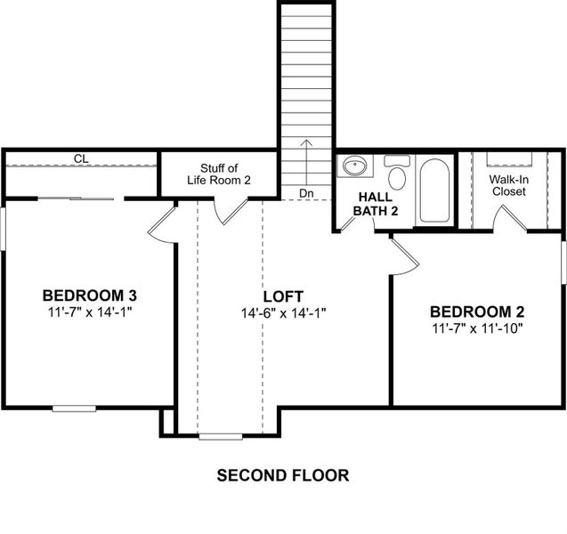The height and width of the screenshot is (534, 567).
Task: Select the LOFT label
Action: click(x=283, y=296)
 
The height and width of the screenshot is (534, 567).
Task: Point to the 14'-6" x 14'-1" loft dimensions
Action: click(x=283, y=313)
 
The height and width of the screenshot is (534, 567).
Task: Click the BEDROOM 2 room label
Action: click(x=477, y=311)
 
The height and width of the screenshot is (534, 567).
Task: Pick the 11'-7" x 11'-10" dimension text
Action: click(x=477, y=328)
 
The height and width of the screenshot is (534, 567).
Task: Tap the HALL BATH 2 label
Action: click(x=377, y=204)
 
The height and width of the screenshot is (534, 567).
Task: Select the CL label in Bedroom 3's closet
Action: click(x=81, y=159)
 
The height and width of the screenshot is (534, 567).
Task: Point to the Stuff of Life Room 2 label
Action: click(x=219, y=174)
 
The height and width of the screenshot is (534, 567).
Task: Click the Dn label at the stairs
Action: click(x=306, y=193)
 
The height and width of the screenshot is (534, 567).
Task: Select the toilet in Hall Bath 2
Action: click(x=397, y=174)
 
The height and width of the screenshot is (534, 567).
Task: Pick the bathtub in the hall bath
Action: click(x=434, y=190)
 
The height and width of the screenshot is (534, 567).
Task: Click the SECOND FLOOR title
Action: click(x=283, y=475)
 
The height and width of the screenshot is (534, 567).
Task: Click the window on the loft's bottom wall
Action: click(x=220, y=436)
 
